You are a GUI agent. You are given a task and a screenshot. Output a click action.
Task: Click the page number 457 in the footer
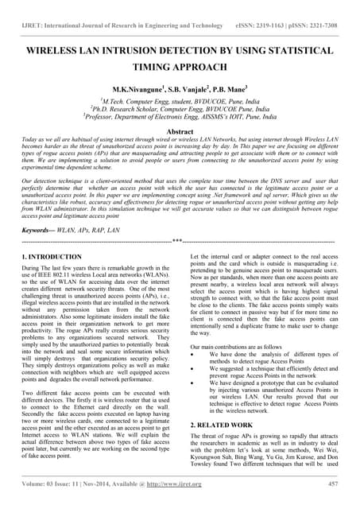pos(333,483)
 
